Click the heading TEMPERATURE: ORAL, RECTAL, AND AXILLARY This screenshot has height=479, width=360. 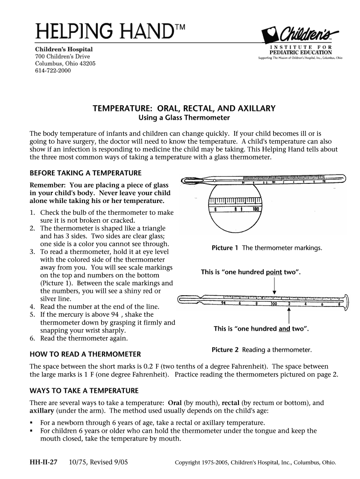click(x=185, y=109)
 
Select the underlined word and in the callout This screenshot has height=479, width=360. click(x=284, y=329)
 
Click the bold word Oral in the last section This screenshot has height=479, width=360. click(x=174, y=403)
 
